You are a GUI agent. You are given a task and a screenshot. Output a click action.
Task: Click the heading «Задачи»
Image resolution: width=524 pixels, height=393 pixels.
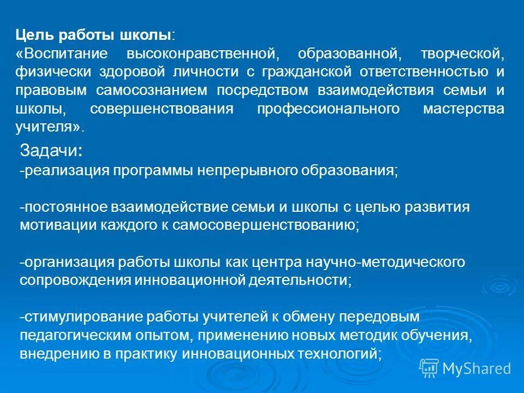(50, 151)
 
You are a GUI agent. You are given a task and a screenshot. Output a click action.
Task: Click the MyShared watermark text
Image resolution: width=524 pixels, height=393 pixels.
(476, 368)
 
